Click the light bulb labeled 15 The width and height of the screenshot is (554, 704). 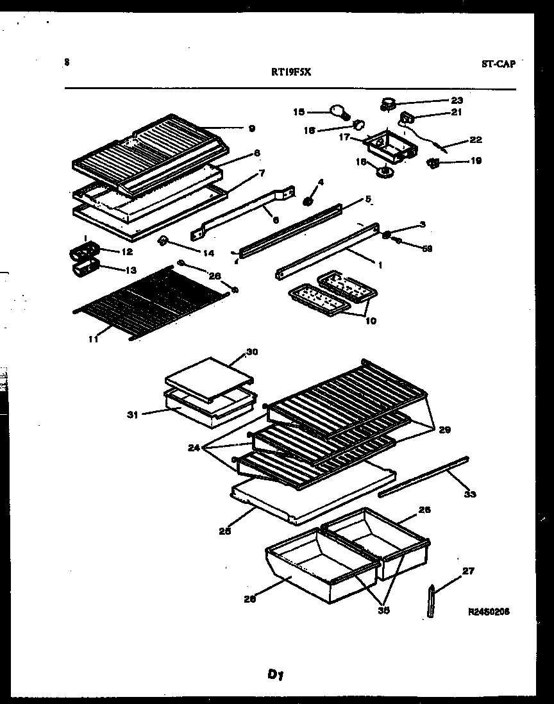coord(338,112)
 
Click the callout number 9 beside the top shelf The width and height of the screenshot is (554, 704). coord(251,128)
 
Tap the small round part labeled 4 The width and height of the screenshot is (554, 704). coord(307,201)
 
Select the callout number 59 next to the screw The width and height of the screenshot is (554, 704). coord(426,249)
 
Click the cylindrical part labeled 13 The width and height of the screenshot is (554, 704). coord(83,269)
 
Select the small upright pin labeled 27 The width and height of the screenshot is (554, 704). coord(431,599)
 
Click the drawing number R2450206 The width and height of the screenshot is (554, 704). coord(489,612)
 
